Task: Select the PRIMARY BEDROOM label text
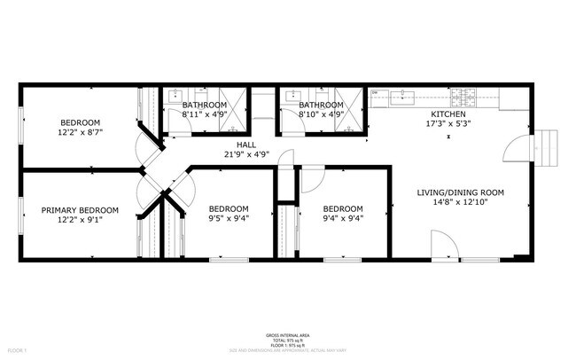[80, 210]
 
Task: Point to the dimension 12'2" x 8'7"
[80, 131]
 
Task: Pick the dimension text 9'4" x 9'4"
[342, 218]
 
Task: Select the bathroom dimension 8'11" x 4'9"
[205, 113]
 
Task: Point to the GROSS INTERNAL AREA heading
[288, 335]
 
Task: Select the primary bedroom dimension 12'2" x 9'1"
[80, 220]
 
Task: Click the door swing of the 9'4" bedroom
[312, 180]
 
